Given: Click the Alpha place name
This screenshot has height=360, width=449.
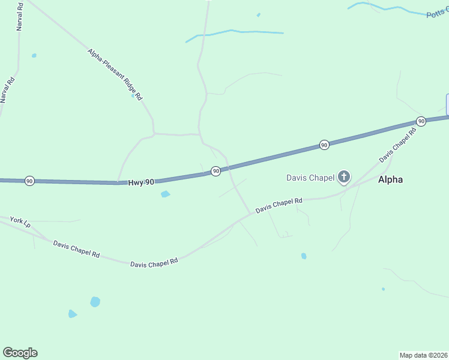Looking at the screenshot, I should (x=390, y=179).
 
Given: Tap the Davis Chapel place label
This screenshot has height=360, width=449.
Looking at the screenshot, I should (x=310, y=177).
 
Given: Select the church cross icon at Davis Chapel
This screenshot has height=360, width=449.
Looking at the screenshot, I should (x=344, y=176).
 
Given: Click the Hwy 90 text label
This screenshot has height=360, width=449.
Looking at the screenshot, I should (x=141, y=182).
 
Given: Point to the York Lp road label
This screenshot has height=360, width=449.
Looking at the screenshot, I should (x=20, y=222).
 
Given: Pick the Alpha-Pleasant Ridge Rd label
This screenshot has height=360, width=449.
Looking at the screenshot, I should (x=115, y=74).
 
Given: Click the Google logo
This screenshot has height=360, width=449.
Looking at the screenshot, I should (x=20, y=353).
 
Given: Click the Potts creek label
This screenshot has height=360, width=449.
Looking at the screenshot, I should (x=437, y=13).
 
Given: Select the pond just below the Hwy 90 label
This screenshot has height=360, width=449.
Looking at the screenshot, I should (x=165, y=194).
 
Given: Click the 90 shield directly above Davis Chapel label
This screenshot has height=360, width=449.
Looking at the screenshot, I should (x=324, y=145).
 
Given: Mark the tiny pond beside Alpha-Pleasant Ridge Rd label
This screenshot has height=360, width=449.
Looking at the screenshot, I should (x=133, y=95).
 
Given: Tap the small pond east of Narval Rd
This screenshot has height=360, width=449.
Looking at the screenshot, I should (x=34, y=56).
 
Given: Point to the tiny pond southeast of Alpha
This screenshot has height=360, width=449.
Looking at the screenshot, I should (x=383, y=289).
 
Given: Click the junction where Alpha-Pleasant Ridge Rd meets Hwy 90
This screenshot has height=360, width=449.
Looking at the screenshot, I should (x=118, y=182).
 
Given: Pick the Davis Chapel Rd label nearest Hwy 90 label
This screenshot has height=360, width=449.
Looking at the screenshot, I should (x=154, y=263).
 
